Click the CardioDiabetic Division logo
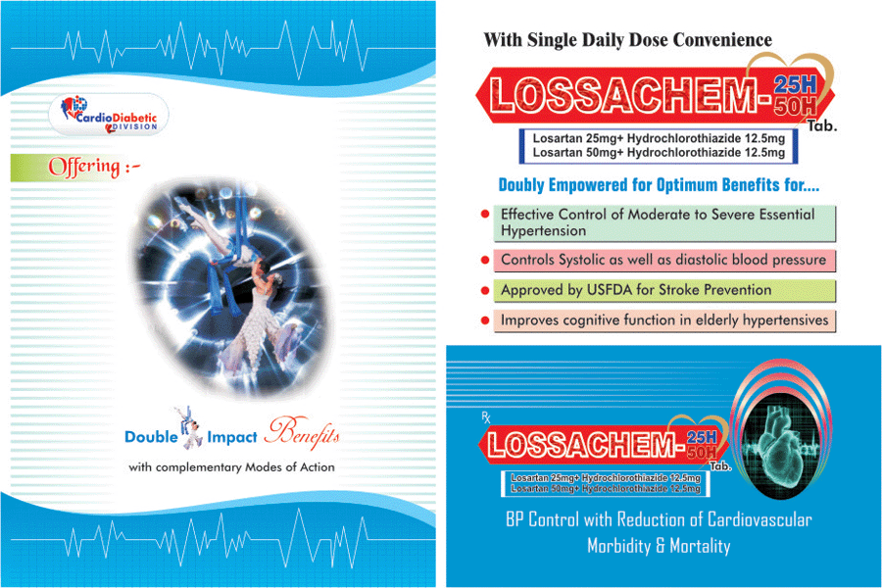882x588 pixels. (109, 115)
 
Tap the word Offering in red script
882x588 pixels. (84, 168)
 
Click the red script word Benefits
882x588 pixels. (303, 433)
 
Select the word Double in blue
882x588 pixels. (151, 437)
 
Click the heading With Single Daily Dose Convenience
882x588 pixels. (628, 40)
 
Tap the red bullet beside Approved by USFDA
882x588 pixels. (485, 291)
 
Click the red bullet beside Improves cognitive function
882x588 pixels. (485, 320)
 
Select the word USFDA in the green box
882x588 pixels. (610, 290)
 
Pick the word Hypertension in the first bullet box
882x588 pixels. (543, 230)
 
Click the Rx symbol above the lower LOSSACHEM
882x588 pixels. (486, 416)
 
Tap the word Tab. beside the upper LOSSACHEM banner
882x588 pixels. (822, 126)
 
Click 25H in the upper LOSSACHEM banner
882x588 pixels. (795, 84)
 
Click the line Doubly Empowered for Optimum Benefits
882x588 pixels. (659, 185)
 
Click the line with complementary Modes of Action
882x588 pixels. (231, 467)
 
